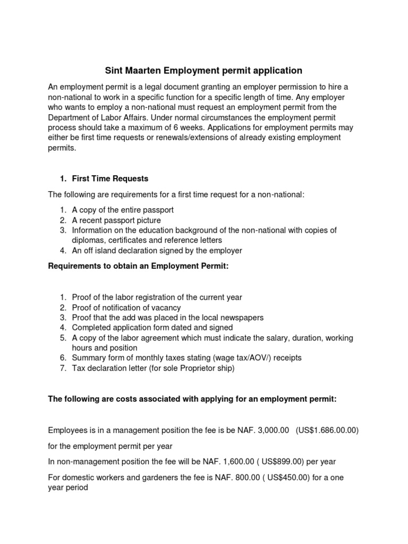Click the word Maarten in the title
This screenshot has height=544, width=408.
click(143, 70)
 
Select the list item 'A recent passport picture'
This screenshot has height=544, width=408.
click(116, 220)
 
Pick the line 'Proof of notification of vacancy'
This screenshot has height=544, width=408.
click(126, 307)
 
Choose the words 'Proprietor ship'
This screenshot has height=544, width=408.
click(205, 368)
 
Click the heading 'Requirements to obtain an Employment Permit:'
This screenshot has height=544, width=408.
click(138, 266)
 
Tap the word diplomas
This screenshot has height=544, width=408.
click(87, 240)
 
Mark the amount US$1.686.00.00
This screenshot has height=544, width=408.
click(328, 430)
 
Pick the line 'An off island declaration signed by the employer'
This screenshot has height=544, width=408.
click(157, 250)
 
